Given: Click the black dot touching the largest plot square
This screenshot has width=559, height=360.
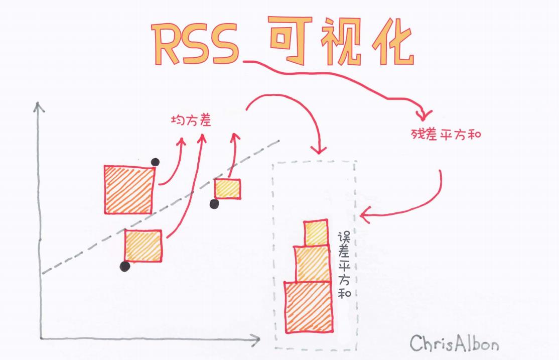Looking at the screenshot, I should tap(155, 162).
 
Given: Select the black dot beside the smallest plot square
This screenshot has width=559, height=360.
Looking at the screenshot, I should tap(214, 203).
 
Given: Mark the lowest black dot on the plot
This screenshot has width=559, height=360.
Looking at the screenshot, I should tap(124, 267).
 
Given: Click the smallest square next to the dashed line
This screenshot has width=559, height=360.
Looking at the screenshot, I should tap(227, 189).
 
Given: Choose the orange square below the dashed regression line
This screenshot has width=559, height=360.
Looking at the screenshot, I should tap(143, 246).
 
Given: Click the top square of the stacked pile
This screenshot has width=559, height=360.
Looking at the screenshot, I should tap(316, 233).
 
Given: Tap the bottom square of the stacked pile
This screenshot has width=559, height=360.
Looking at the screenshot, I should tap(308, 307).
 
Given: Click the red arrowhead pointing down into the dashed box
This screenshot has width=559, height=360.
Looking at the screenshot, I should tap(318, 149).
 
